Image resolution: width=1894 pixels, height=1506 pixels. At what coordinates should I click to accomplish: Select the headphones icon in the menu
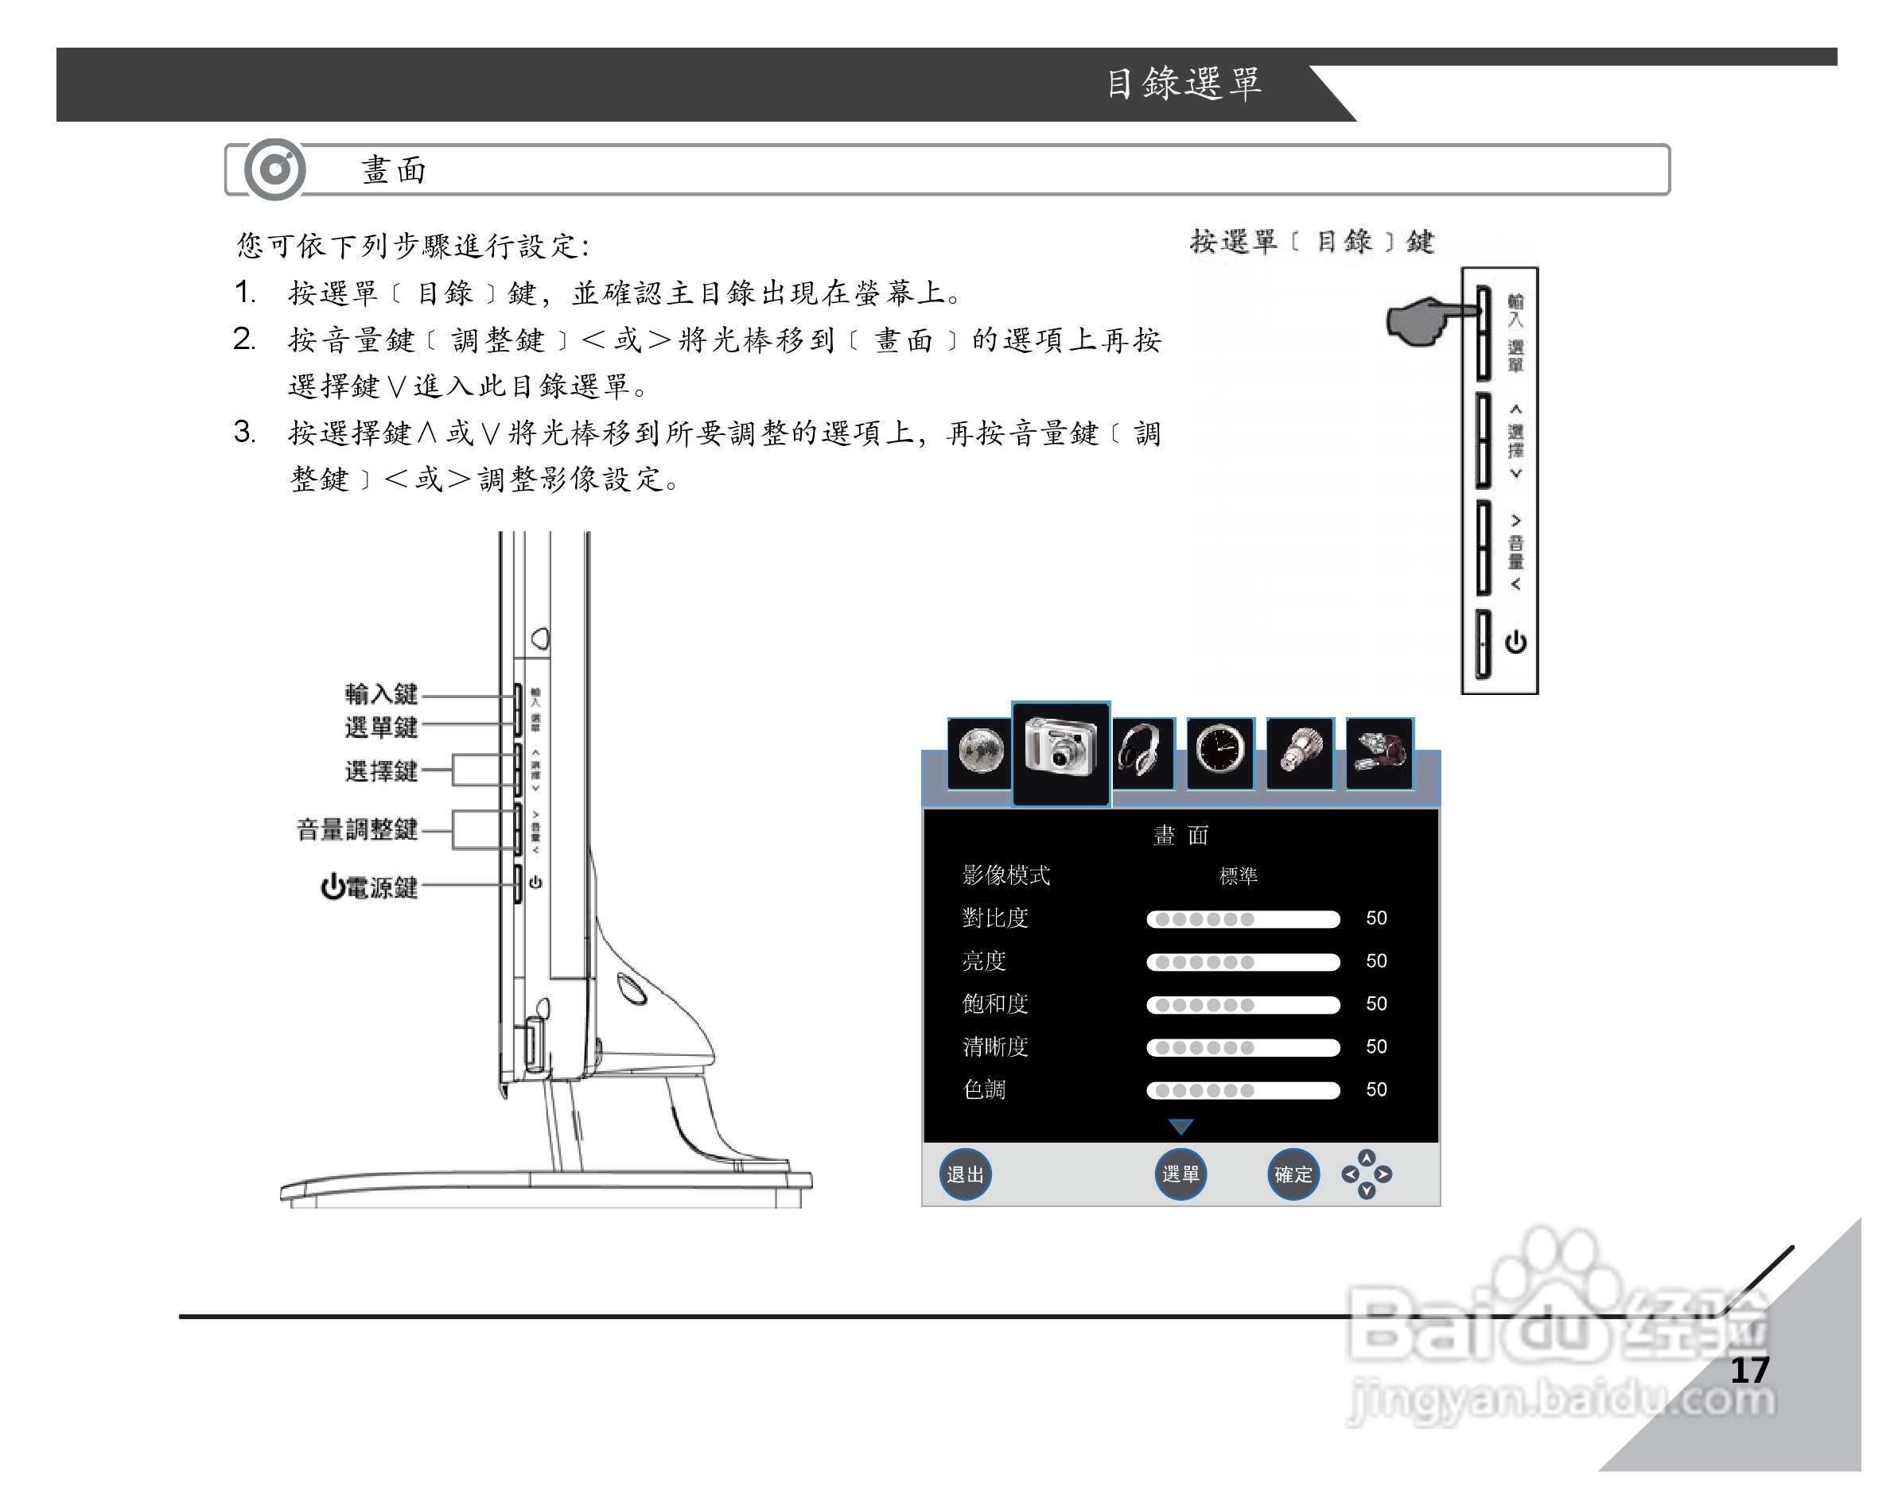click(1142, 752)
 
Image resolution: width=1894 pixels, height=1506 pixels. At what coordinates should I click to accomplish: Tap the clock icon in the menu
click(1219, 752)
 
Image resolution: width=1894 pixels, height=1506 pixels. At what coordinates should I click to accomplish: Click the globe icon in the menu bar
click(980, 752)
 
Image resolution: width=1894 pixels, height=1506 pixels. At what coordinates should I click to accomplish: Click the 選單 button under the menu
click(1180, 1174)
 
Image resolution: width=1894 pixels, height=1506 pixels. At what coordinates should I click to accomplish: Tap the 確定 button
click(1293, 1174)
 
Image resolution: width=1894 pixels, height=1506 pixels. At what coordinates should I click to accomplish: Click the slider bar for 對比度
click(1243, 918)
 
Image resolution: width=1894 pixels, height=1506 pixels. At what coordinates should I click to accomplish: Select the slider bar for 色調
click(1243, 1090)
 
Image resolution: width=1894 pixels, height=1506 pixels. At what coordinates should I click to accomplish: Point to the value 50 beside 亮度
click(1375, 961)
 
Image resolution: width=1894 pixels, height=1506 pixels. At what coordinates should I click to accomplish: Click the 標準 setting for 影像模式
click(1238, 875)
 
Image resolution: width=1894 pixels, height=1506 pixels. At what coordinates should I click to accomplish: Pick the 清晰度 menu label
click(994, 1046)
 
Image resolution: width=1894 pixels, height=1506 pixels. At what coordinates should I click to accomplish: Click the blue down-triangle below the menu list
click(1180, 1126)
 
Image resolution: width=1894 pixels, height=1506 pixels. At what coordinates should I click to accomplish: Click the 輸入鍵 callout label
click(380, 693)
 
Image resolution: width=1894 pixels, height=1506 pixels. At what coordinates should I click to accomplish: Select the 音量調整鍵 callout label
click(356, 829)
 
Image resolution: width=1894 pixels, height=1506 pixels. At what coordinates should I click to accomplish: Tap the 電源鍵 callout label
click(369, 887)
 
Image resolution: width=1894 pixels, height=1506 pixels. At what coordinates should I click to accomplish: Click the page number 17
click(1749, 1371)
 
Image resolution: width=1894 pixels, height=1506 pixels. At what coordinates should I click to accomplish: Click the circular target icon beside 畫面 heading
click(275, 169)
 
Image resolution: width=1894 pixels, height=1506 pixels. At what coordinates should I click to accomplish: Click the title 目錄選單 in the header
click(1182, 83)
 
